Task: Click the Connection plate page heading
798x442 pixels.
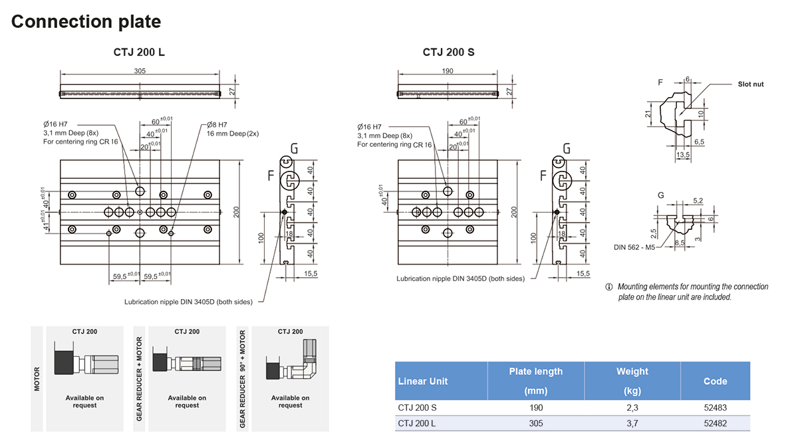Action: pos(86,22)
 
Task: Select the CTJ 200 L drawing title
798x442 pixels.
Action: pos(139,53)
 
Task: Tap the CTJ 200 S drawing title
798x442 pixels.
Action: pos(448,53)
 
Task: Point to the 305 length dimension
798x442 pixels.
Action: pos(140,71)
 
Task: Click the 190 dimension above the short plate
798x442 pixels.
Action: pos(447,71)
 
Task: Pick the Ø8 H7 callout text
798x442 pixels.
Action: pos(217,124)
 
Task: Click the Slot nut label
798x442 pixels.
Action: pos(751,84)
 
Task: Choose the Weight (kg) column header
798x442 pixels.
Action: pos(632,381)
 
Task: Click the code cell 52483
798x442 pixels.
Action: pos(715,407)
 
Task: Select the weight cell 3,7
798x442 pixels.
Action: pos(632,423)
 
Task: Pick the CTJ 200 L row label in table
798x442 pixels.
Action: pos(417,423)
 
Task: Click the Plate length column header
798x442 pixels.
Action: pos(535,381)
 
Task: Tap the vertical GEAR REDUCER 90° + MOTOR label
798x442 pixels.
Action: pos(243,379)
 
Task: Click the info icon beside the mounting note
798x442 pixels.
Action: pos(608,287)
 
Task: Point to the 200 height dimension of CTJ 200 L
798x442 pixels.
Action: pos(236,212)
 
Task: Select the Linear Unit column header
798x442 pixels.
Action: pos(422,382)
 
